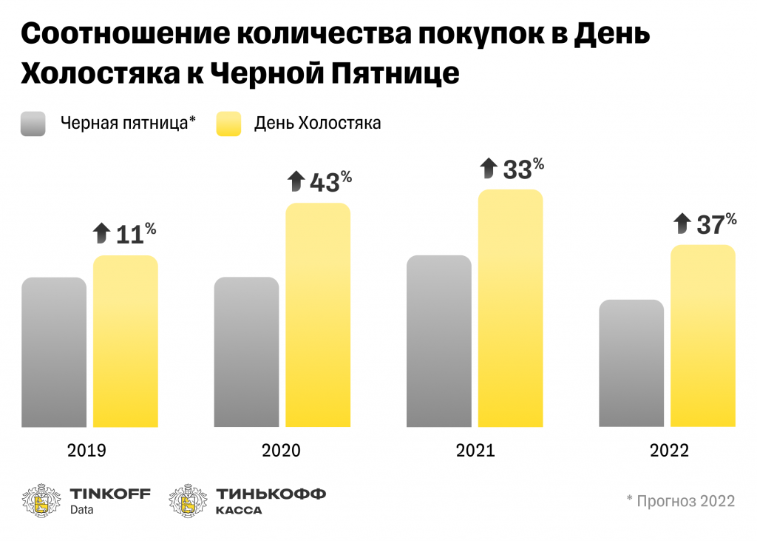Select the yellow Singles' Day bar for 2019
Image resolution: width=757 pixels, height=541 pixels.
tap(125, 341)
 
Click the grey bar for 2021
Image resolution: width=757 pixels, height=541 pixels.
tap(439, 341)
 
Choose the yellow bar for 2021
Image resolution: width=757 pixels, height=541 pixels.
tap(511, 308)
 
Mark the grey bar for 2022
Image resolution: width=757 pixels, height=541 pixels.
tap(631, 363)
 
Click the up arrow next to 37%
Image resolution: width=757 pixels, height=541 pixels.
tap(682, 223)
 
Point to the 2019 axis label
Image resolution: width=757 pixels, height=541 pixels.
tap(86, 450)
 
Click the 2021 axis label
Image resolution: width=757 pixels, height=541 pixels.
tap(475, 450)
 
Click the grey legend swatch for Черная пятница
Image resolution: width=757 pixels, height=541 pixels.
tap(33, 124)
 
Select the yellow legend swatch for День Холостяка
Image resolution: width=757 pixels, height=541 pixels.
tap(228, 124)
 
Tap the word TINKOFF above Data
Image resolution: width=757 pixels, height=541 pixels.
tap(109, 494)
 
